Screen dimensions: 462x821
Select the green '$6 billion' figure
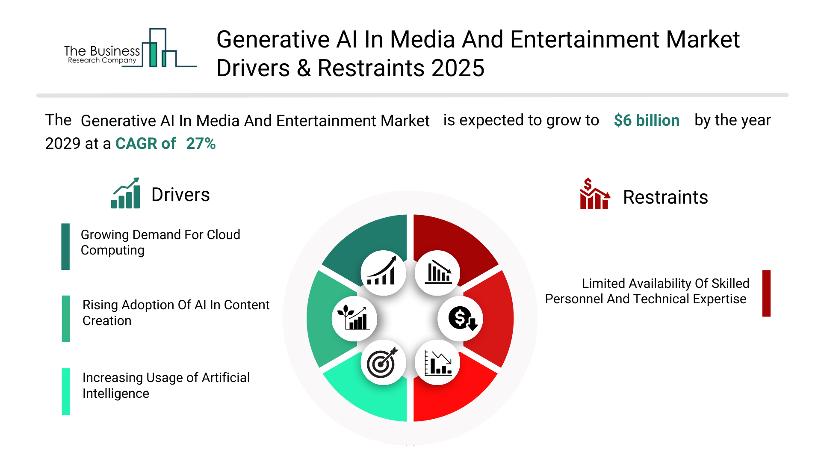click(646, 121)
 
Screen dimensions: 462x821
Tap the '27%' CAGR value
click(201, 144)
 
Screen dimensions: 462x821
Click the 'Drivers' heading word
click(180, 195)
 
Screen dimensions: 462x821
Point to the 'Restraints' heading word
click(665, 198)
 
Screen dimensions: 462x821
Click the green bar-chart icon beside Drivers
click(126, 193)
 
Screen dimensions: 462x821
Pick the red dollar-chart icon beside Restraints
click(594, 194)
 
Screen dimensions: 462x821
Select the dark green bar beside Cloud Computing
click(65, 246)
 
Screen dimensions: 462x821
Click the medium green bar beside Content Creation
click(66, 319)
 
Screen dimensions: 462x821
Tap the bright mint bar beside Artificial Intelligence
click(66, 391)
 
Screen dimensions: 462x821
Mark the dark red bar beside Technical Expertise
click(766, 293)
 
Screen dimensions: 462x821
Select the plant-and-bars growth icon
click(354, 318)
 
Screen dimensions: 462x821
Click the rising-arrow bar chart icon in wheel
click(383, 272)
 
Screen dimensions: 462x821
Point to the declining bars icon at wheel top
click(438, 272)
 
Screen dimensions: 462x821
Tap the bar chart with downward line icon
click(438, 362)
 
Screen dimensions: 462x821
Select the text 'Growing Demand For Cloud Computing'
click(160, 243)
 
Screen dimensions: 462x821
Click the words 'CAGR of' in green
click(145, 144)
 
